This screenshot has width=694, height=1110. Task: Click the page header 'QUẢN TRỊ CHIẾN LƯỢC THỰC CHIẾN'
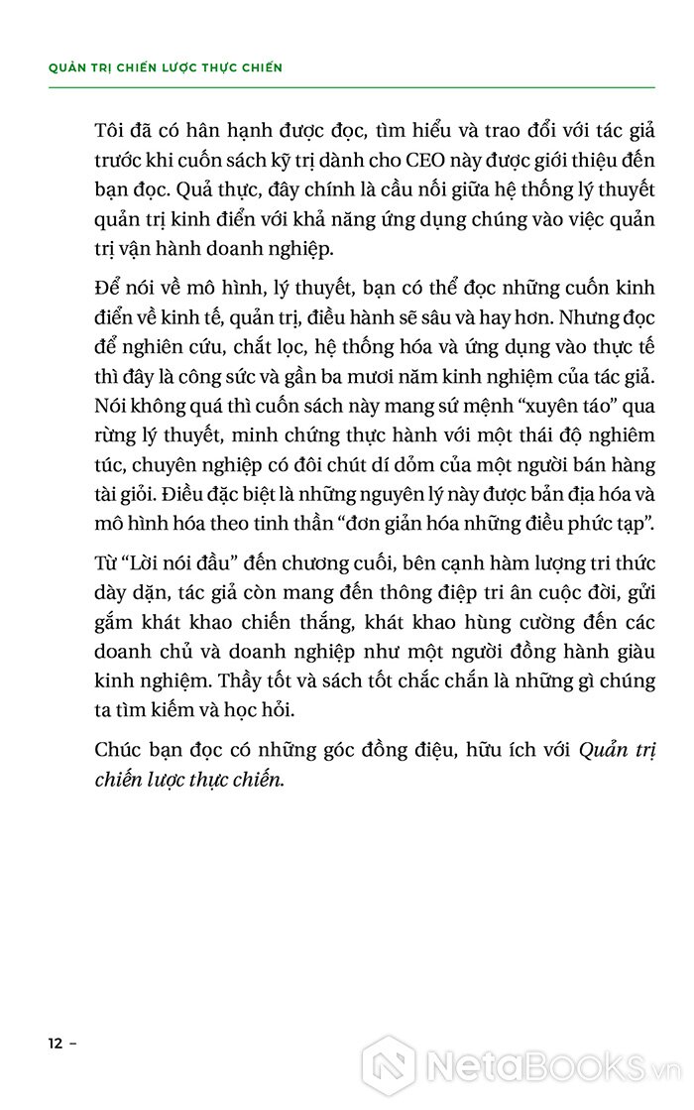(165, 67)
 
